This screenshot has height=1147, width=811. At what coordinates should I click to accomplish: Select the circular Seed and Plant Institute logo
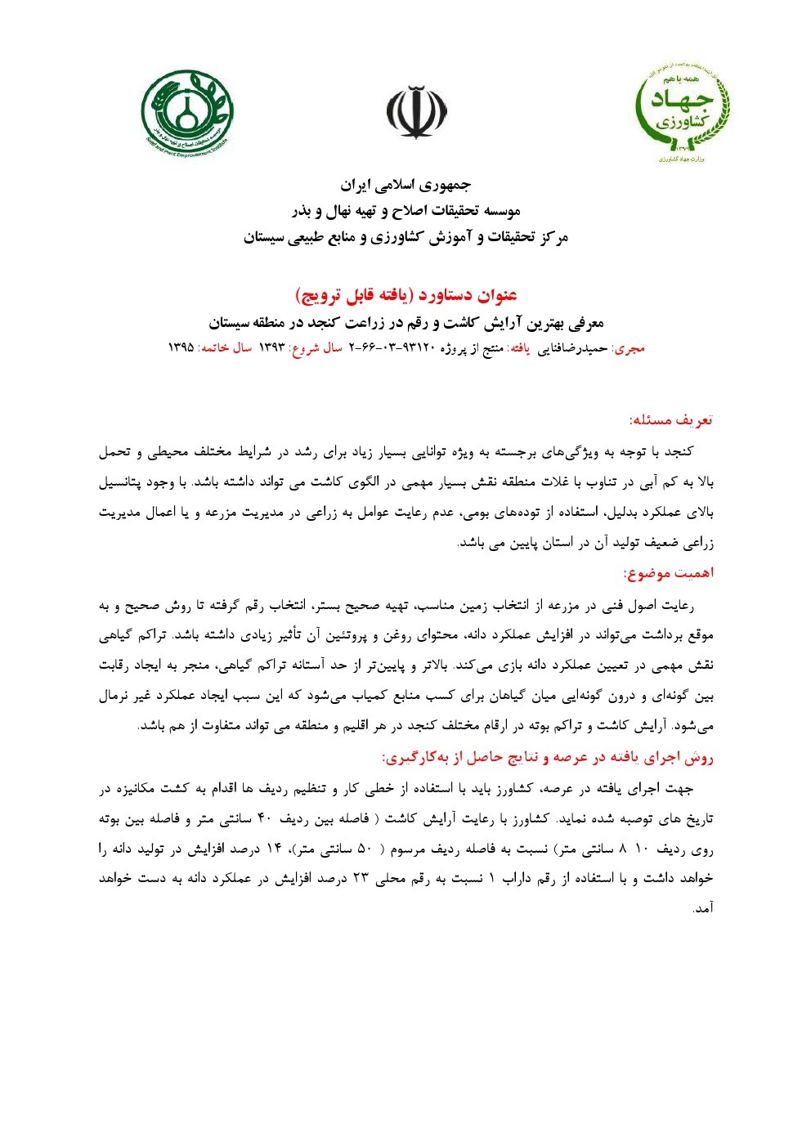187,114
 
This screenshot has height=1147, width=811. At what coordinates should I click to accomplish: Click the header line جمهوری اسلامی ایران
405,185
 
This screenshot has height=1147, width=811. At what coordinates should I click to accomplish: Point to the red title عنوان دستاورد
405,294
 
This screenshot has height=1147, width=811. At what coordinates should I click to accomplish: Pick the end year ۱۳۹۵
180,347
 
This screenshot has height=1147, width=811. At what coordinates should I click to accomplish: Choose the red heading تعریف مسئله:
670,420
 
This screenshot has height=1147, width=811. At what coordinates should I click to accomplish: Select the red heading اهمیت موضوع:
668,573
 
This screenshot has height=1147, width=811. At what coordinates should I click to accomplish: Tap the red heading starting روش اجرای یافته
548,758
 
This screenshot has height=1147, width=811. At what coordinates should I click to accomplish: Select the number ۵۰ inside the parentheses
365,849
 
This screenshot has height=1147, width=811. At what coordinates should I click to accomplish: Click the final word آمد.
703,908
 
